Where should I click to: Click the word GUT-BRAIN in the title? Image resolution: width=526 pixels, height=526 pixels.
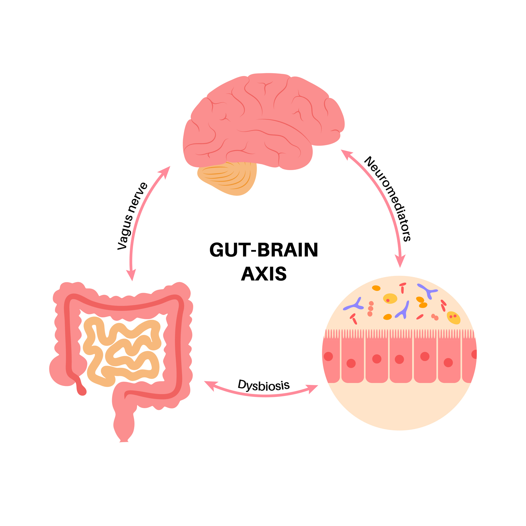tap(264, 250)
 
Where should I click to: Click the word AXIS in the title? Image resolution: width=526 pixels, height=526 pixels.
tap(264, 274)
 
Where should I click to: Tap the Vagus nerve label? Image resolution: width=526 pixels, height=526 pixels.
tap(132, 216)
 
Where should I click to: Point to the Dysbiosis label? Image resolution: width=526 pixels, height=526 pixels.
tap(264, 385)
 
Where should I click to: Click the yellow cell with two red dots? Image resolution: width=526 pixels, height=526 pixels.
tap(453, 318)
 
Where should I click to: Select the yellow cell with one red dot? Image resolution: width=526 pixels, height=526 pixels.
tap(390, 298)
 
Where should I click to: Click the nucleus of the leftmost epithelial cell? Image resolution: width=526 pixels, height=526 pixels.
tap(328, 356)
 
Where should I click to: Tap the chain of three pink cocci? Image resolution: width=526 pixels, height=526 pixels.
tap(371, 309)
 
